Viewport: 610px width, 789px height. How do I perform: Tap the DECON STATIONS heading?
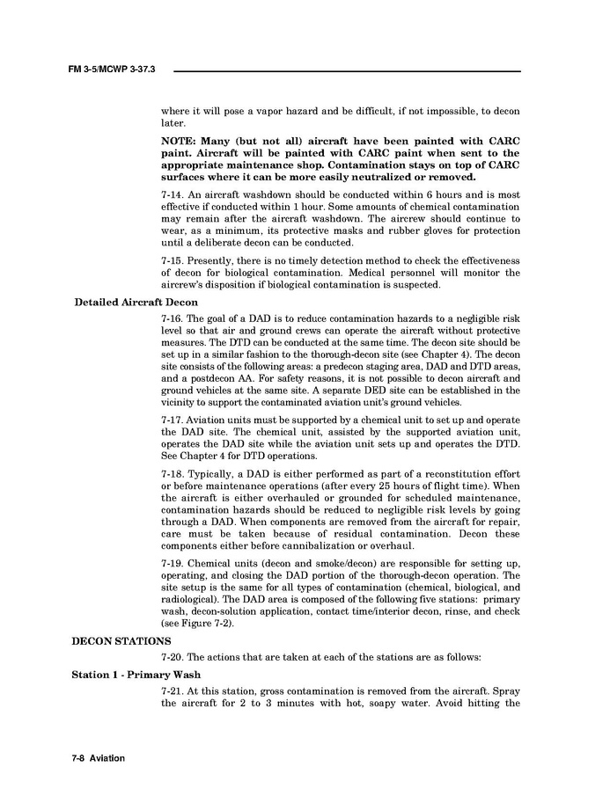[x=121, y=640]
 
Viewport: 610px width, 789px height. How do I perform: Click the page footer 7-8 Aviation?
[x=99, y=758]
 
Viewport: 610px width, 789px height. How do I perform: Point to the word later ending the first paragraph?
[x=172, y=124]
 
